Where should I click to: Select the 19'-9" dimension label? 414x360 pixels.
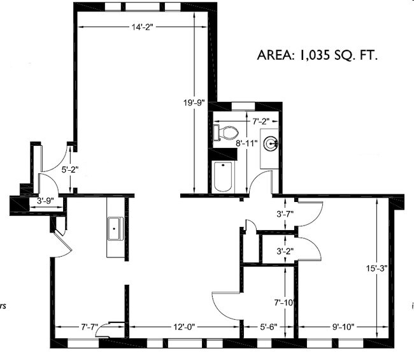coord(193,103)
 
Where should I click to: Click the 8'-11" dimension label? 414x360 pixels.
coord(246,143)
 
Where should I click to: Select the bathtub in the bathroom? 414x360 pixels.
coord(224,176)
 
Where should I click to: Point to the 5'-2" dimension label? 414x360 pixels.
coord(69,170)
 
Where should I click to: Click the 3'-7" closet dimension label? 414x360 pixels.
coord(285,215)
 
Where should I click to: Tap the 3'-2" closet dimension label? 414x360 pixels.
coord(285,251)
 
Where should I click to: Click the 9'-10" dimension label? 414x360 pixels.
coord(343,327)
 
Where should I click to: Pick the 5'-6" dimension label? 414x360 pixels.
coord(268,327)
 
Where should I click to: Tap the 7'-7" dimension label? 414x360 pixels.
coord(90,327)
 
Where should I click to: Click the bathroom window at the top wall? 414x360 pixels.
coord(244,105)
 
